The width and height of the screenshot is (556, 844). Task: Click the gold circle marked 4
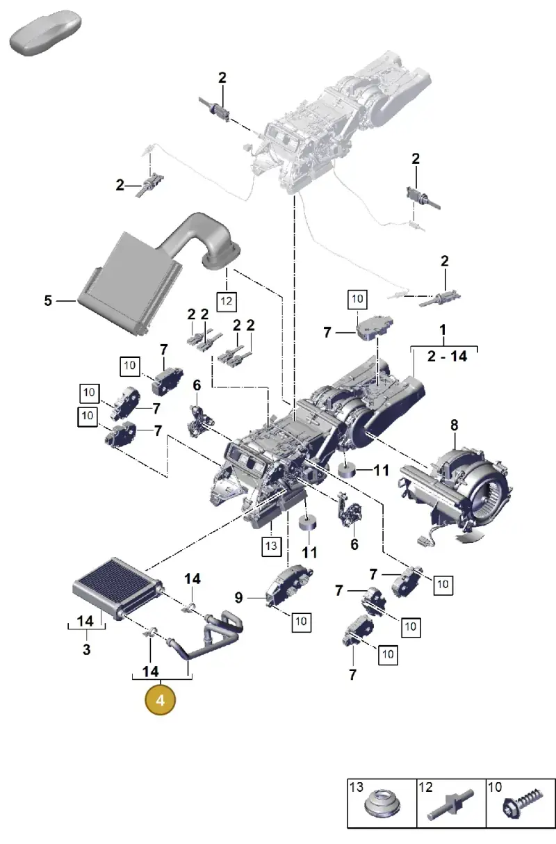click(x=160, y=701)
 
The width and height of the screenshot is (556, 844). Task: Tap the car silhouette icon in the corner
click(x=46, y=33)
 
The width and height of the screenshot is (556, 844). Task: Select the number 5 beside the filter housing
click(x=48, y=300)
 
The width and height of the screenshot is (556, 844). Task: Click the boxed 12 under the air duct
click(x=227, y=302)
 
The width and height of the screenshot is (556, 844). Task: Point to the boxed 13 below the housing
click(x=272, y=546)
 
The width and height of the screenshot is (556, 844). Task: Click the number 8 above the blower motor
click(x=455, y=425)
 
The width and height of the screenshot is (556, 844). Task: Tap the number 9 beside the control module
click(x=238, y=598)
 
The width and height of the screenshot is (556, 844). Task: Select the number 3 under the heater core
click(x=87, y=649)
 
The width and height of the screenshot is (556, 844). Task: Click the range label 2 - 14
click(x=447, y=356)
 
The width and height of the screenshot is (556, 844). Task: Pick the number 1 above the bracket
click(x=443, y=330)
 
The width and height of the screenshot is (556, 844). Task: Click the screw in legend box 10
click(x=523, y=804)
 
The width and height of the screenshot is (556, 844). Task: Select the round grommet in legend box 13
click(x=382, y=804)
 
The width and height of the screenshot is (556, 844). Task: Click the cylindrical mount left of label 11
click(x=347, y=469)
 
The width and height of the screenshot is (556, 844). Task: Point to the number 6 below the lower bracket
click(x=354, y=544)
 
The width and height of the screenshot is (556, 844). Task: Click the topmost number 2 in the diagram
click(x=222, y=78)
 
